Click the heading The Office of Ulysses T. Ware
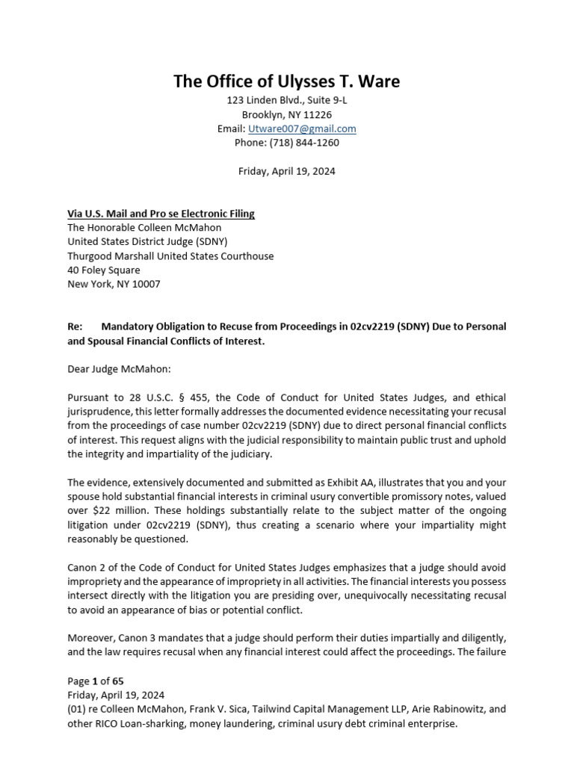(x=286, y=81)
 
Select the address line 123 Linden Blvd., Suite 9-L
(x=286, y=100)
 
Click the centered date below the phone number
(x=286, y=171)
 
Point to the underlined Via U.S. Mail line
(x=161, y=214)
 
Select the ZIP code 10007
(x=145, y=284)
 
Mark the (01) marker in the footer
(x=78, y=709)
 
